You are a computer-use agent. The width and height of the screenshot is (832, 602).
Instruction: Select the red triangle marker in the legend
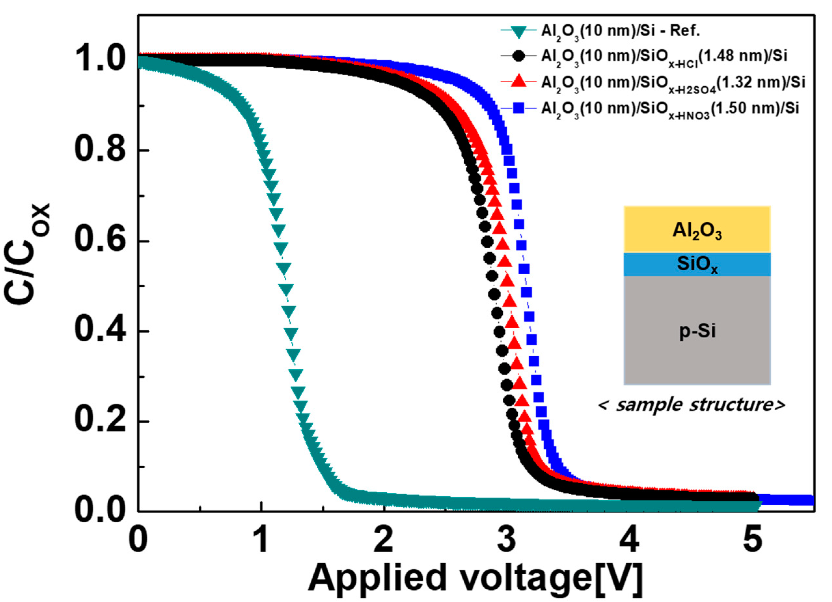[518, 81]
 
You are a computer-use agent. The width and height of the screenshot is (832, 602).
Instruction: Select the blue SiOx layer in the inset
[697, 264]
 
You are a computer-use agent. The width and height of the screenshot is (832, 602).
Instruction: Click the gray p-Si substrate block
[697, 330]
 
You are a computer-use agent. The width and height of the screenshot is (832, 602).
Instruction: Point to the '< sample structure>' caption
[691, 405]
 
